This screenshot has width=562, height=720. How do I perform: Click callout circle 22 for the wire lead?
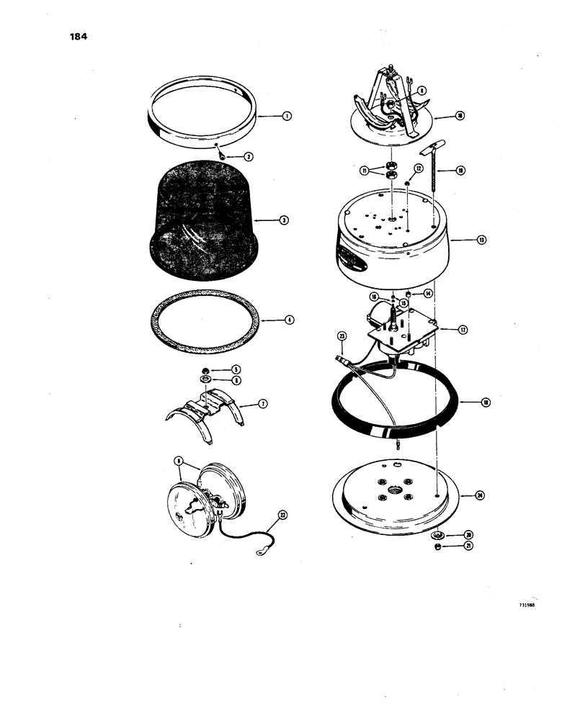pyautogui.click(x=282, y=514)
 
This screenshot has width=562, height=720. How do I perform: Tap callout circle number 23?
pyautogui.click(x=342, y=336)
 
